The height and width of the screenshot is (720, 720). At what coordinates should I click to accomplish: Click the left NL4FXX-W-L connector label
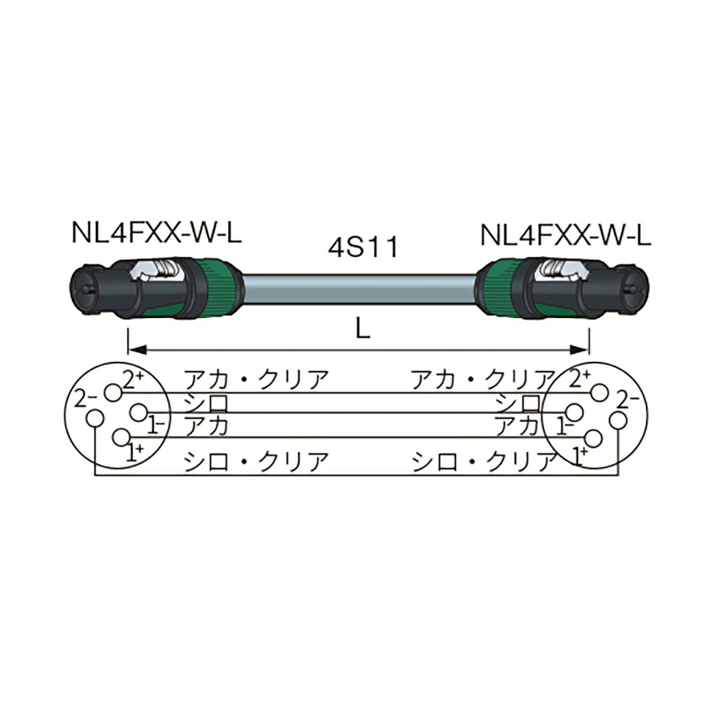point(157,233)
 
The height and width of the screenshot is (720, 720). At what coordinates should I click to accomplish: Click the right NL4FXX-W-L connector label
point(566,235)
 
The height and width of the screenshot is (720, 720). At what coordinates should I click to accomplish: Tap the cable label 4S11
point(363,247)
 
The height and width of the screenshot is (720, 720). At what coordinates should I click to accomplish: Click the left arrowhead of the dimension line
point(137,351)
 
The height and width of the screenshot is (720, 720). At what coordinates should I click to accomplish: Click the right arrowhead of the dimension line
point(579,351)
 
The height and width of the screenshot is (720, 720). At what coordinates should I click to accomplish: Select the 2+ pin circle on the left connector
point(113,393)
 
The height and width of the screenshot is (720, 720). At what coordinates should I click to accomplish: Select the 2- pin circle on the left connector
point(95,418)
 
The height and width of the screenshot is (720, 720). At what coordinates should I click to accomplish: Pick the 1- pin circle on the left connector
point(139,412)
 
